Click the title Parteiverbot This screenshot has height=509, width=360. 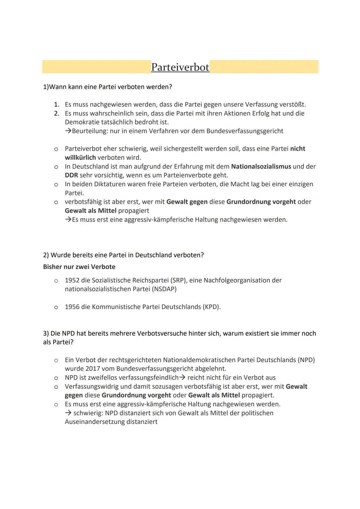[180, 67]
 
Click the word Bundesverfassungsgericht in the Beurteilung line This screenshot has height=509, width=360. [245, 131]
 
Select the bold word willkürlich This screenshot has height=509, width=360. [80, 157]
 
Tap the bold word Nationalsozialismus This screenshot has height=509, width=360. [261, 166]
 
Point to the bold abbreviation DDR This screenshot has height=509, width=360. [71, 175]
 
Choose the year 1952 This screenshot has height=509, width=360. [72, 280]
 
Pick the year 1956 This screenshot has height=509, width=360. [72, 307]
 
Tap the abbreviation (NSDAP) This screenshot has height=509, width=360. [164, 289]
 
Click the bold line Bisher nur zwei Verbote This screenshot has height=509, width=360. [79, 267]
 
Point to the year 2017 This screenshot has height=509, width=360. [93, 369]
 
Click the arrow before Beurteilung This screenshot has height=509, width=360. [68, 131]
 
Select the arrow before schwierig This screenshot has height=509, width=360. [68, 413]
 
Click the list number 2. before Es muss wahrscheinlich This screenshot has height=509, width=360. [57, 113]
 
